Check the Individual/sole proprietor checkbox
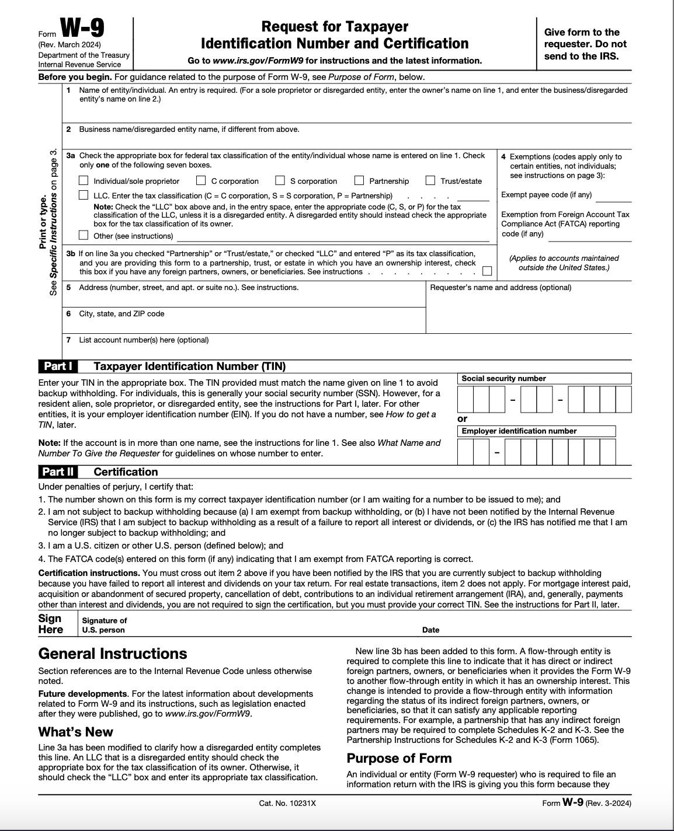(84, 181)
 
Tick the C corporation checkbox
(201, 181)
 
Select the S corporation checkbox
(280, 181)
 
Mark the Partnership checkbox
(359, 181)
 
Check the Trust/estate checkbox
(430, 181)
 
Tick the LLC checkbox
(84, 195)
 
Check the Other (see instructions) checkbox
(84, 236)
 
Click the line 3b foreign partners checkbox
(487, 271)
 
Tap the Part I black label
(58, 366)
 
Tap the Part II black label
(58, 472)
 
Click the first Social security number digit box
(465, 400)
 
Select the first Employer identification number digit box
(465, 452)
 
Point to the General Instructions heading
(113, 654)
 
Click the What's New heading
(76, 732)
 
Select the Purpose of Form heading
(399, 758)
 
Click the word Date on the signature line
(430, 630)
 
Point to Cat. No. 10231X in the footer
(287, 804)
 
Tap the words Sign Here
(50, 624)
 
